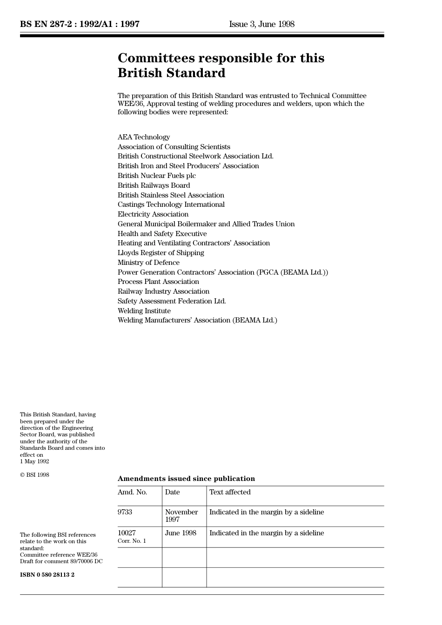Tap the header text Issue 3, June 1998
click(x=261, y=24)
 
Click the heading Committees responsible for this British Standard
click(x=221, y=66)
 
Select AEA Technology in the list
click(x=144, y=137)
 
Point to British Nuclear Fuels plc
click(x=157, y=176)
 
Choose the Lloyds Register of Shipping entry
click(x=161, y=253)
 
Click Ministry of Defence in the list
click(x=148, y=263)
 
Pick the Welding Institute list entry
click(x=144, y=311)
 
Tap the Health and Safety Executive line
click(x=162, y=234)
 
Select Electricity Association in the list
click(x=153, y=214)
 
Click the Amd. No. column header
click(x=133, y=492)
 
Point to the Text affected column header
click(x=230, y=492)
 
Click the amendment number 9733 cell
click(x=125, y=512)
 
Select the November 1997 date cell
click(x=181, y=515)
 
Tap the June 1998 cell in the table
click(x=181, y=533)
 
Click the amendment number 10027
click(x=127, y=533)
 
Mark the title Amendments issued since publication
click(x=186, y=479)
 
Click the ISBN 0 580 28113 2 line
click(x=47, y=575)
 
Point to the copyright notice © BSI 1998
click(x=34, y=475)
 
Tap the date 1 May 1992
click(x=34, y=461)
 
